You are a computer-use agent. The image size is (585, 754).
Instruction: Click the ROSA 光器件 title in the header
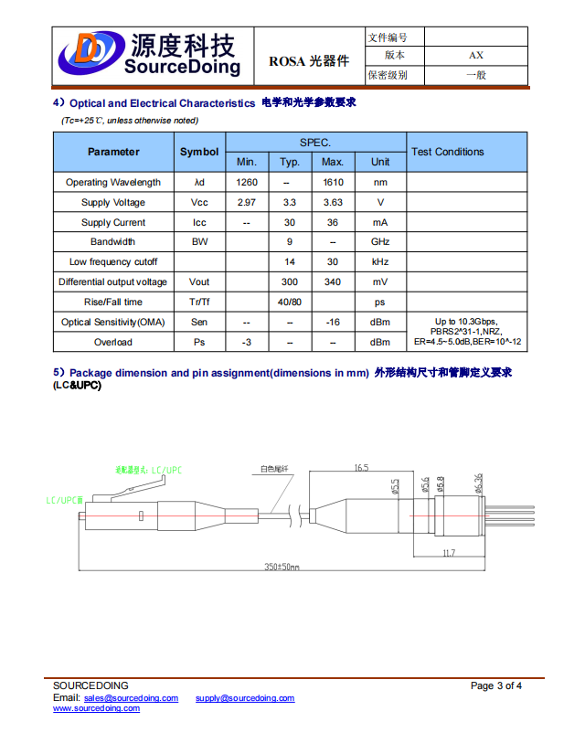(309, 61)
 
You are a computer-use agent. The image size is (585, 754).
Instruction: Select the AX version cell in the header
(475, 56)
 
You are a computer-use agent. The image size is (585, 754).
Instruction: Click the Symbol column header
(199, 152)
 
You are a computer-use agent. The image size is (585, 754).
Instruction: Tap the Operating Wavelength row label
(113, 183)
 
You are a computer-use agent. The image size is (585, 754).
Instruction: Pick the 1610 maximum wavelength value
(333, 183)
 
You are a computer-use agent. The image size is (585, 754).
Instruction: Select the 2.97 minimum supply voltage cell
(246, 203)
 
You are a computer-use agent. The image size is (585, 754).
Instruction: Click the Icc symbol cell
(199, 223)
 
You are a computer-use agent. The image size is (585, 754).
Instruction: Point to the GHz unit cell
(380, 242)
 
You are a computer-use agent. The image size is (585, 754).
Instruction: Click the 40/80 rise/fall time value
(290, 303)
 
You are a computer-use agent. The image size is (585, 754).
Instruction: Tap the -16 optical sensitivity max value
(333, 323)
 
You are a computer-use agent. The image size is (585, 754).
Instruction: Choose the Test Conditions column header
(448, 152)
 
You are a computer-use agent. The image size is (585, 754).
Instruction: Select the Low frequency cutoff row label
(113, 262)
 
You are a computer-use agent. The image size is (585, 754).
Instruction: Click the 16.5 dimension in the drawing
(361, 467)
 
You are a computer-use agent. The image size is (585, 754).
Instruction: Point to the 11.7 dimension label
(449, 554)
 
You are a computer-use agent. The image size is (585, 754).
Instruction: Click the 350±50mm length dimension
(282, 567)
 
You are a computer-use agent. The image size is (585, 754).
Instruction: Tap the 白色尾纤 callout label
(273, 469)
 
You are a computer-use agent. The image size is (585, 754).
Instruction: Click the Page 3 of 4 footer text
(496, 686)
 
